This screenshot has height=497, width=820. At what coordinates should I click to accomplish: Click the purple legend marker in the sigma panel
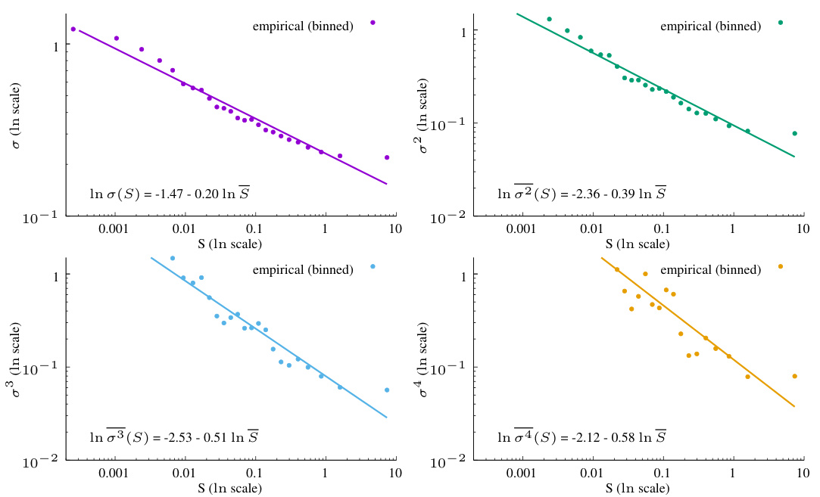pyautogui.click(x=373, y=23)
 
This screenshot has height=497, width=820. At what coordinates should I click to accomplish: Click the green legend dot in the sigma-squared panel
pyautogui.click(x=780, y=23)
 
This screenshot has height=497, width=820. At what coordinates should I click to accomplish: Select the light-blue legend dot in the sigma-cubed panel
pyautogui.click(x=373, y=266)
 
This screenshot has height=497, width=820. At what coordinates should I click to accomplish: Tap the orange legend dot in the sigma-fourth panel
pyautogui.click(x=780, y=266)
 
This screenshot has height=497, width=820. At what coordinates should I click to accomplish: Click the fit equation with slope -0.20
pyautogui.click(x=170, y=194)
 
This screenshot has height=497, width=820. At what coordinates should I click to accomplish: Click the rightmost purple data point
pyautogui.click(x=387, y=157)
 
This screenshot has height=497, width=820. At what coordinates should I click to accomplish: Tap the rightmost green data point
pyautogui.click(x=794, y=133)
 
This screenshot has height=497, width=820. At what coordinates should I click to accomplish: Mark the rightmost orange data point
pyautogui.click(x=794, y=376)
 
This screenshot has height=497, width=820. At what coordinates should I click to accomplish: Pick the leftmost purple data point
pyautogui.click(x=73, y=29)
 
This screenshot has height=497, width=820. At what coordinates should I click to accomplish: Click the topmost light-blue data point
pyautogui.click(x=173, y=258)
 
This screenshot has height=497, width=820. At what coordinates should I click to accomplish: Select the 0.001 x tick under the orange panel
pyautogui.click(x=520, y=473)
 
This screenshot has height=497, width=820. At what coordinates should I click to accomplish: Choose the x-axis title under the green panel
pyautogui.click(x=638, y=244)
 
